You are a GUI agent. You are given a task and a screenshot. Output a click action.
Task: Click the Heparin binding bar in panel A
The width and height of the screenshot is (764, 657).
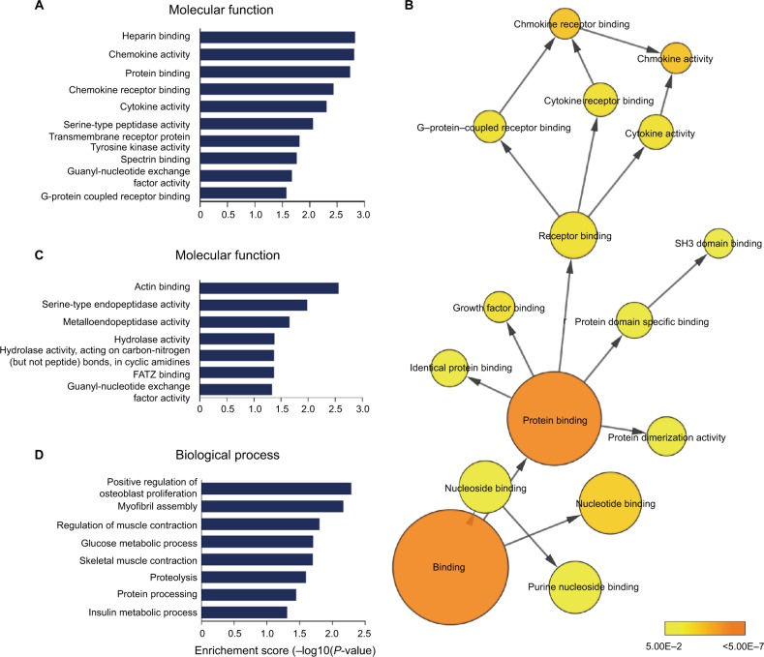277,38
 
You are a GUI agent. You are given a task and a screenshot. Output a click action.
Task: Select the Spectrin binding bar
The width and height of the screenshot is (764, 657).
248,158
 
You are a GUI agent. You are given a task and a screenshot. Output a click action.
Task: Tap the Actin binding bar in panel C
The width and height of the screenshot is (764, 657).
268,287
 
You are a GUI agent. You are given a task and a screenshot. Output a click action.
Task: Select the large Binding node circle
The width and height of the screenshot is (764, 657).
451,566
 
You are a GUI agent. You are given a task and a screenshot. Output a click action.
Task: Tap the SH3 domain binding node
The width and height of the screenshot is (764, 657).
718,243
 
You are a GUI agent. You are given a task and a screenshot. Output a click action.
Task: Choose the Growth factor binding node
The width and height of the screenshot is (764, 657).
499,307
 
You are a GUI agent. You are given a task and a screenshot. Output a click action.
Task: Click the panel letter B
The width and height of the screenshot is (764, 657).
412,9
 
